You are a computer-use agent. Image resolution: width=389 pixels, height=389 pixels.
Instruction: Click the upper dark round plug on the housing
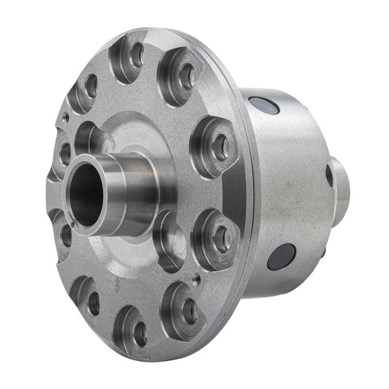263,105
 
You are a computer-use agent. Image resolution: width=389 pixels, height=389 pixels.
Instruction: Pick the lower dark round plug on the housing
282,256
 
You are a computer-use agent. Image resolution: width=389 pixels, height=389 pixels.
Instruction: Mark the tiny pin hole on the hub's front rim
72,224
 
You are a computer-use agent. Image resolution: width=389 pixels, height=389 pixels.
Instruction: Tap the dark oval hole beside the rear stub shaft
329,176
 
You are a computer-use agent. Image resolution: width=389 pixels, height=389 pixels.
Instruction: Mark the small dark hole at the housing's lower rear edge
323,253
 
